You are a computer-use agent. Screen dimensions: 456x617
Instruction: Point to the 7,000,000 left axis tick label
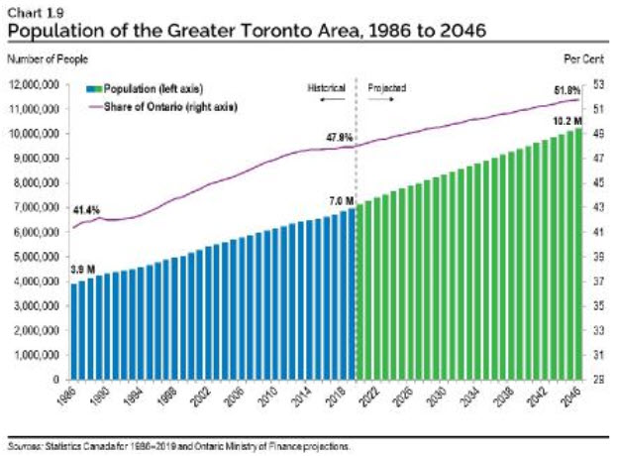tap(36, 207)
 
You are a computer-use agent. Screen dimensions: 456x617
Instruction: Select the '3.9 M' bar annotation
tap(82, 270)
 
